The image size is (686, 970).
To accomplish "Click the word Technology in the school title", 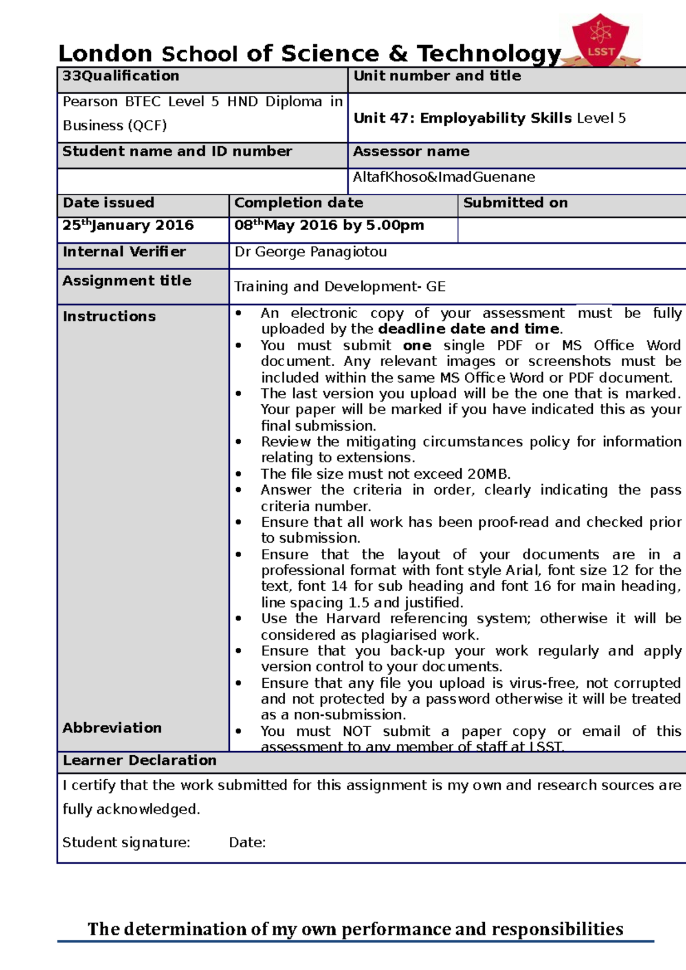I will point(489,54).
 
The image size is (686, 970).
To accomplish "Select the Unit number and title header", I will point(437,76).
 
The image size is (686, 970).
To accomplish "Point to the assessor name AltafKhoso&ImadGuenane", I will point(444,177).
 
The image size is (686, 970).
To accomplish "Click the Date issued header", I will point(109,203).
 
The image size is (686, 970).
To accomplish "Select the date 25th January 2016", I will point(128,225).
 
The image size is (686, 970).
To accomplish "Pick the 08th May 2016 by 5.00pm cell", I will point(329,225).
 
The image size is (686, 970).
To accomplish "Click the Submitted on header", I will point(515,203).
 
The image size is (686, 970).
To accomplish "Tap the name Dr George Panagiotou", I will point(310,252).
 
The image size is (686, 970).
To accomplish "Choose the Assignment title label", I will point(127,280).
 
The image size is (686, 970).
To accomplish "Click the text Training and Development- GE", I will point(340,287).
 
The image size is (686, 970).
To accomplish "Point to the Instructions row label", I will point(109,316).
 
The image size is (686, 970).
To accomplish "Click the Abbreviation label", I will point(112,728).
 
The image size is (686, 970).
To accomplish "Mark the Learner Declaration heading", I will point(139,760).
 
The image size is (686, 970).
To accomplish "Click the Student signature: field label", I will point(126,843).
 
